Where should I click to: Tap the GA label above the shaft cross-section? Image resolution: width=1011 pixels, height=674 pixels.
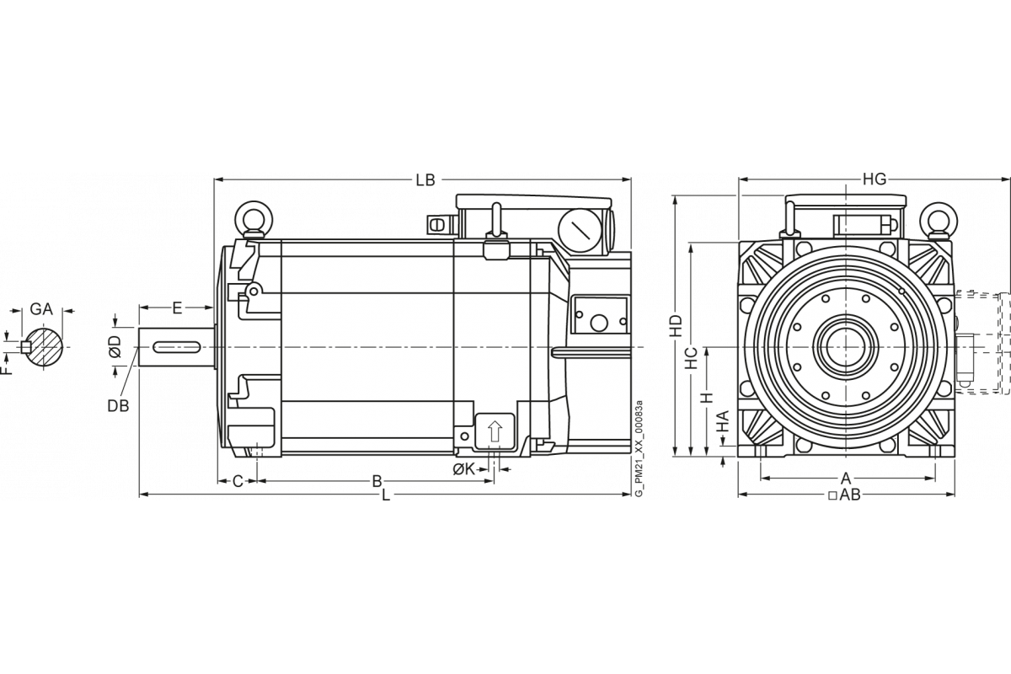pyautogui.click(x=42, y=310)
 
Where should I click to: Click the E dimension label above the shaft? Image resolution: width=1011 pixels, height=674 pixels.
pyautogui.click(x=178, y=309)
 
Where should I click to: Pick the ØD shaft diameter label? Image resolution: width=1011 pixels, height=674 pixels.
pyautogui.click(x=116, y=345)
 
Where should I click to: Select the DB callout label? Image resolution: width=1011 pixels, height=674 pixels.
pyautogui.click(x=119, y=404)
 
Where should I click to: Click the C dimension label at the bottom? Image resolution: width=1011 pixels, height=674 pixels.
pyautogui.click(x=238, y=481)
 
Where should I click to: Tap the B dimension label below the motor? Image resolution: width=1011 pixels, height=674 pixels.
pyautogui.click(x=377, y=481)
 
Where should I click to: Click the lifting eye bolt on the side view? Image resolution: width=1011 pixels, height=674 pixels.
pyautogui.click(x=251, y=218)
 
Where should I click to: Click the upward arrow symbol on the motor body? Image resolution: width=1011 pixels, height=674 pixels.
pyautogui.click(x=494, y=432)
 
